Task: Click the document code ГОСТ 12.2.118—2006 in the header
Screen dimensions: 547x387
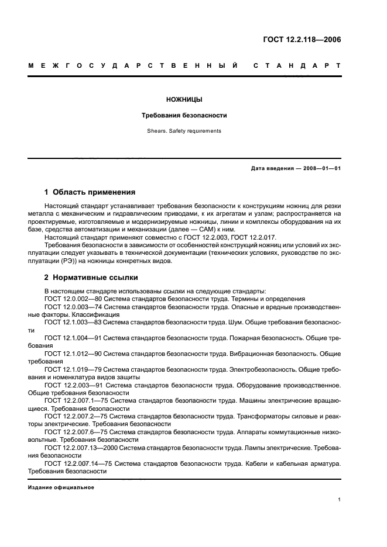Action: tap(302, 40)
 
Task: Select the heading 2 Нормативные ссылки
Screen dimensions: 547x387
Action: tap(91, 278)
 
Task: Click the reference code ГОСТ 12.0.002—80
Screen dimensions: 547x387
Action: tap(72, 299)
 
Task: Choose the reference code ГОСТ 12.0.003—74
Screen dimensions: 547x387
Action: tap(72, 306)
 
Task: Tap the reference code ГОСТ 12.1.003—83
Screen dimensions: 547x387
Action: tap(72, 322)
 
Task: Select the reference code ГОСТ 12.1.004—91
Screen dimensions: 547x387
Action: tap(72, 338)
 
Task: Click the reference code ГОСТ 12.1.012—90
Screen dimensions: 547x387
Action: tap(72, 354)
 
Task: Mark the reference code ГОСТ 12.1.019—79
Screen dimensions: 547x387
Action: tap(72, 369)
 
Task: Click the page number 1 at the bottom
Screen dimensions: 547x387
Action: tap(340, 500)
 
